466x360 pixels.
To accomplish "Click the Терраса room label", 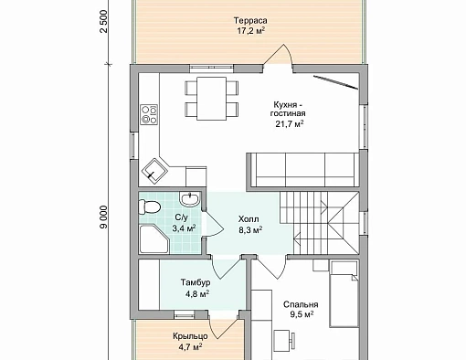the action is (250, 21).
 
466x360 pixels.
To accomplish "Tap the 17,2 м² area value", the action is (250, 31).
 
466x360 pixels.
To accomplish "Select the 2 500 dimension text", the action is (104, 21).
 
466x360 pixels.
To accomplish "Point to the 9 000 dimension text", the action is (104, 217).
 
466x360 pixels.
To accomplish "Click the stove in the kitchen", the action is (149, 114).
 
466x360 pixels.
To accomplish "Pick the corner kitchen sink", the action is (154, 171).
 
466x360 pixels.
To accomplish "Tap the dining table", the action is (211, 99).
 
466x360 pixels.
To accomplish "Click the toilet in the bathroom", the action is (149, 206).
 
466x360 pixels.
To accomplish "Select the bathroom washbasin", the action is (189, 199).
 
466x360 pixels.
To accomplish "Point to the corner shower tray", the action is (154, 238).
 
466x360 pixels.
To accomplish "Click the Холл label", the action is (249, 219).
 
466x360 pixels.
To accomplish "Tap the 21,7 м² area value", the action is (290, 124).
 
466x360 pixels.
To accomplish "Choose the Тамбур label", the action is (196, 282).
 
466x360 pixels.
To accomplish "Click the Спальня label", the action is (301, 304).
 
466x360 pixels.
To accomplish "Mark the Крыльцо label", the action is (190, 336).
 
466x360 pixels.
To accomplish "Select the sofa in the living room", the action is (302, 170).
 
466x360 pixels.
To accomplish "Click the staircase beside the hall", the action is (320, 222).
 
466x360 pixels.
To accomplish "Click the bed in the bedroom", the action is (344, 293).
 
